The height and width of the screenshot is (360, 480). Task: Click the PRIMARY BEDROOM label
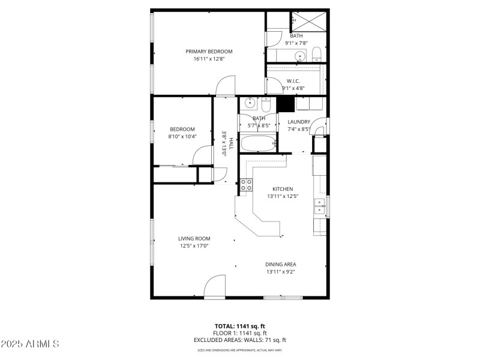208,52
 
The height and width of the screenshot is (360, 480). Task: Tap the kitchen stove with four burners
246,185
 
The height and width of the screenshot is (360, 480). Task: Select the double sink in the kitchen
319,206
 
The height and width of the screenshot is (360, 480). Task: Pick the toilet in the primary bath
317,57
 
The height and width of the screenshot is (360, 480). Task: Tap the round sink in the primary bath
299,58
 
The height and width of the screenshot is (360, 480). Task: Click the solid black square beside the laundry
285,104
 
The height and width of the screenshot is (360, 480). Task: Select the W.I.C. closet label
293,81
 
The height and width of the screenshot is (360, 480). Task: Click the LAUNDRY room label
298,122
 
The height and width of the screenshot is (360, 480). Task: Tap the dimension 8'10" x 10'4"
182,137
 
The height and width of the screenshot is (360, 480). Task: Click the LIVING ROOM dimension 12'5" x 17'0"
194,245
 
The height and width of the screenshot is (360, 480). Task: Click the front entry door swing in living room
214,288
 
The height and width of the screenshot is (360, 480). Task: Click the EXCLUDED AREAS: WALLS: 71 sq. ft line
239,340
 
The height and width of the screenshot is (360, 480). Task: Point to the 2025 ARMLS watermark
30,344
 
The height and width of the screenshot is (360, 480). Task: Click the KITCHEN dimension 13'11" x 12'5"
283,196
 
